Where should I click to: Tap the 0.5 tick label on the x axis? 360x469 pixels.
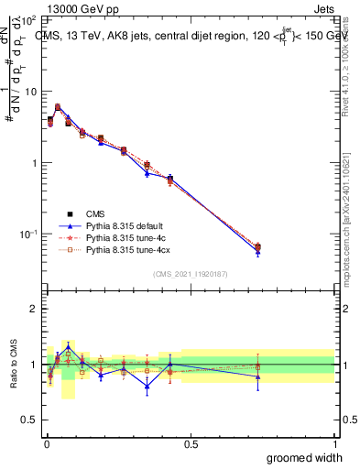tap(190, 443)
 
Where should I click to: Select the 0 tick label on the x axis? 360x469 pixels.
tap(46, 443)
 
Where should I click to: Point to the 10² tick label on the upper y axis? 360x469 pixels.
tap(27, 20)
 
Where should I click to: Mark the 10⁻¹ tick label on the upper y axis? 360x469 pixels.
tap(27, 234)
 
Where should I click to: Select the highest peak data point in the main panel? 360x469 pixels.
tap(58, 107)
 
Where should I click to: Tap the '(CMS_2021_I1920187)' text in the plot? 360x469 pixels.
tap(191, 273)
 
